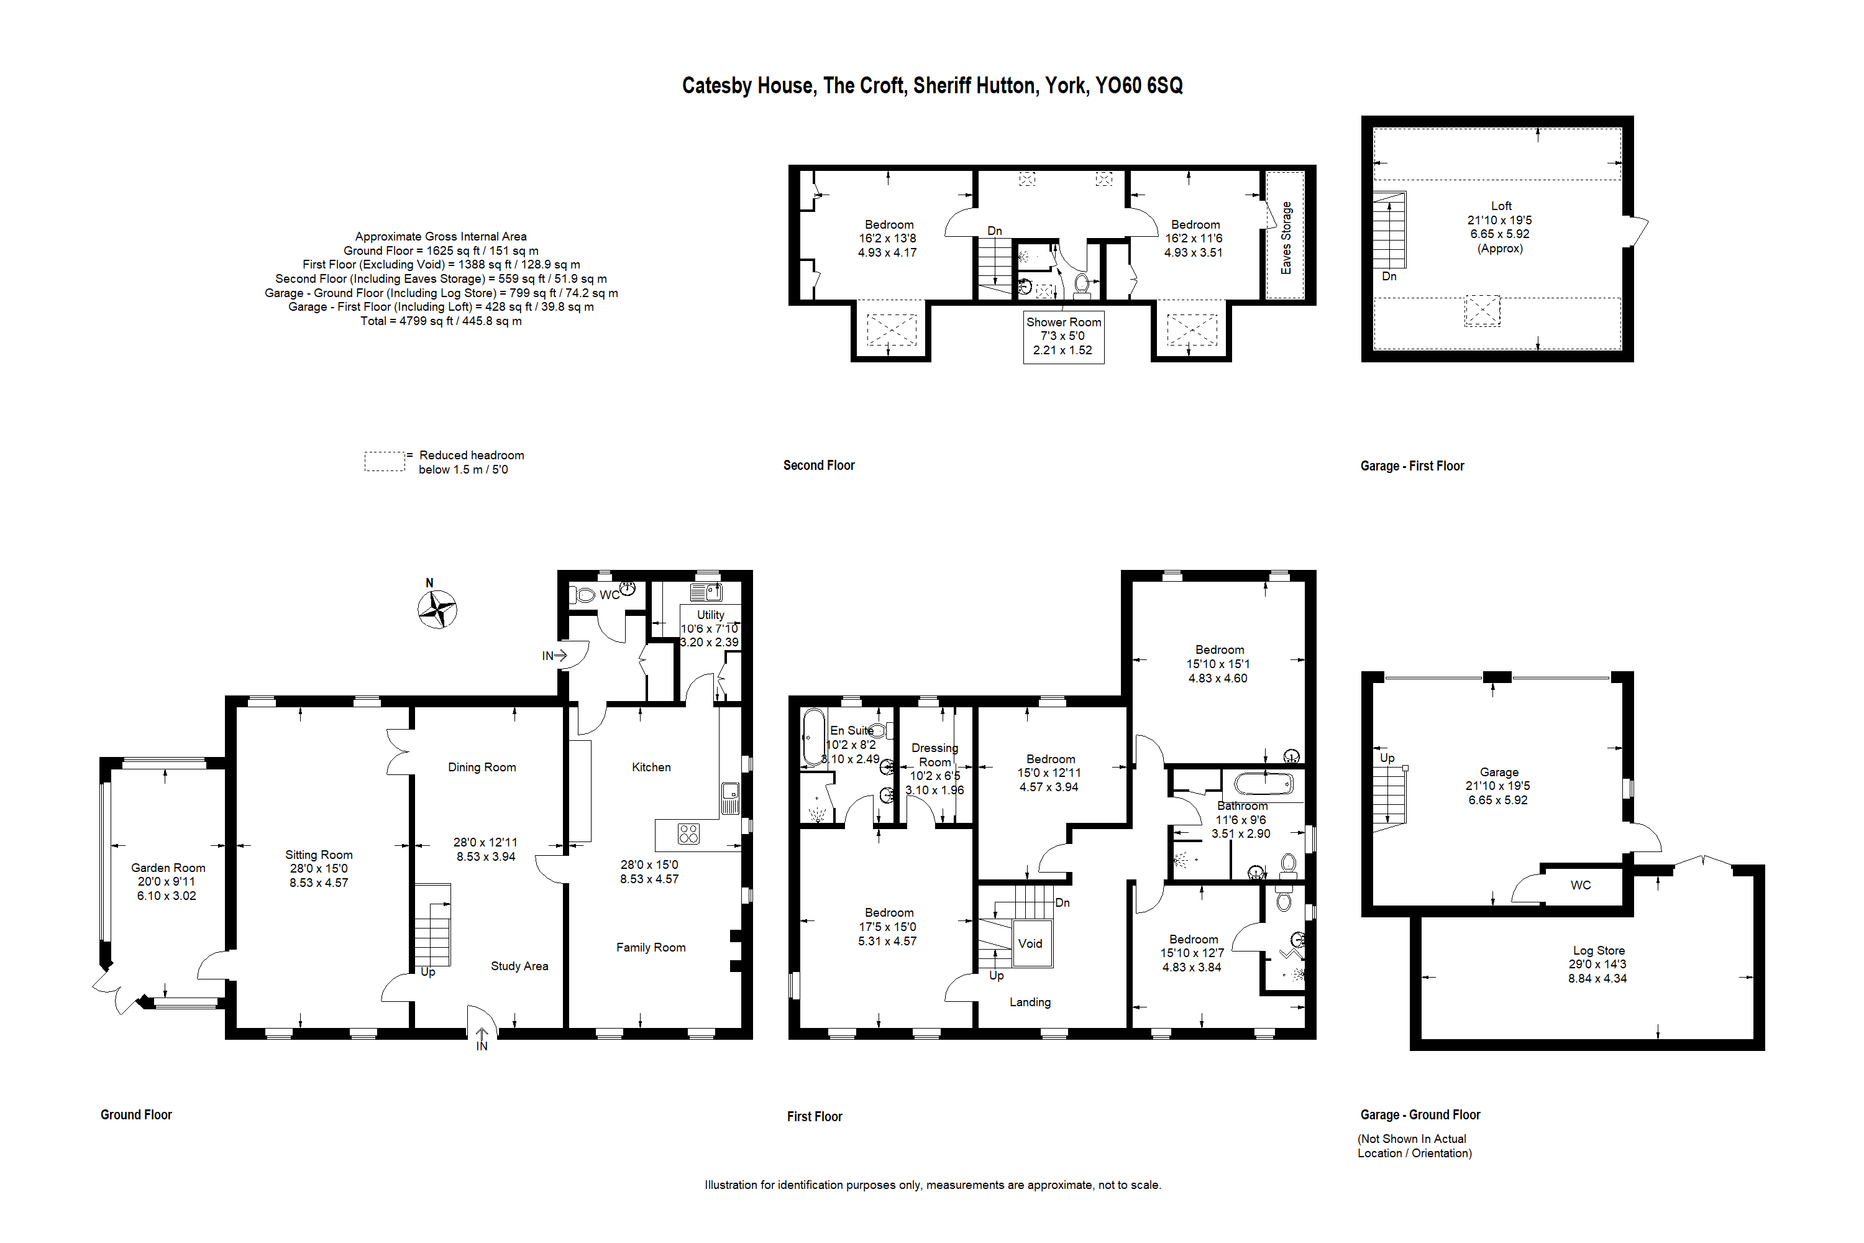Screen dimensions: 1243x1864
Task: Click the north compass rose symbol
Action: point(437,610)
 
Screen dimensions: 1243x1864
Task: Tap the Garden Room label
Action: point(168,868)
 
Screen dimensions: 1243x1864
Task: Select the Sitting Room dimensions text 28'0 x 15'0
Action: point(319,869)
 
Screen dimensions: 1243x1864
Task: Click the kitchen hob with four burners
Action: point(688,834)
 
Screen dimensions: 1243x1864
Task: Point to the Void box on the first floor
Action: point(1030,943)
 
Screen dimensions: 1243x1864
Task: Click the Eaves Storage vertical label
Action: point(1286,238)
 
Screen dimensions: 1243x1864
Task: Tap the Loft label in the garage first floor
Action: point(1501,206)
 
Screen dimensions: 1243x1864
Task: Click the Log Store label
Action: point(1599,950)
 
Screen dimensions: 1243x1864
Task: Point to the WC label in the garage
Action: point(1580,886)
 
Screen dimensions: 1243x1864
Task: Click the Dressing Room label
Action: point(934,755)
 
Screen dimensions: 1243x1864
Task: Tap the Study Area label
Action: point(519,966)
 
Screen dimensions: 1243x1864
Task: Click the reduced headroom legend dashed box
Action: point(385,461)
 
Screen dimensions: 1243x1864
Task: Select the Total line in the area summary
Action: point(441,321)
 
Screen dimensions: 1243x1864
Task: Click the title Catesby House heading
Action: point(932,86)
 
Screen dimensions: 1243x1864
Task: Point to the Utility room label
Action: point(710,615)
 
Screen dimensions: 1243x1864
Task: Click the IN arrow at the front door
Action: point(481,1039)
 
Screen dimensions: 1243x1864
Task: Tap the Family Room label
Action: point(651,947)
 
